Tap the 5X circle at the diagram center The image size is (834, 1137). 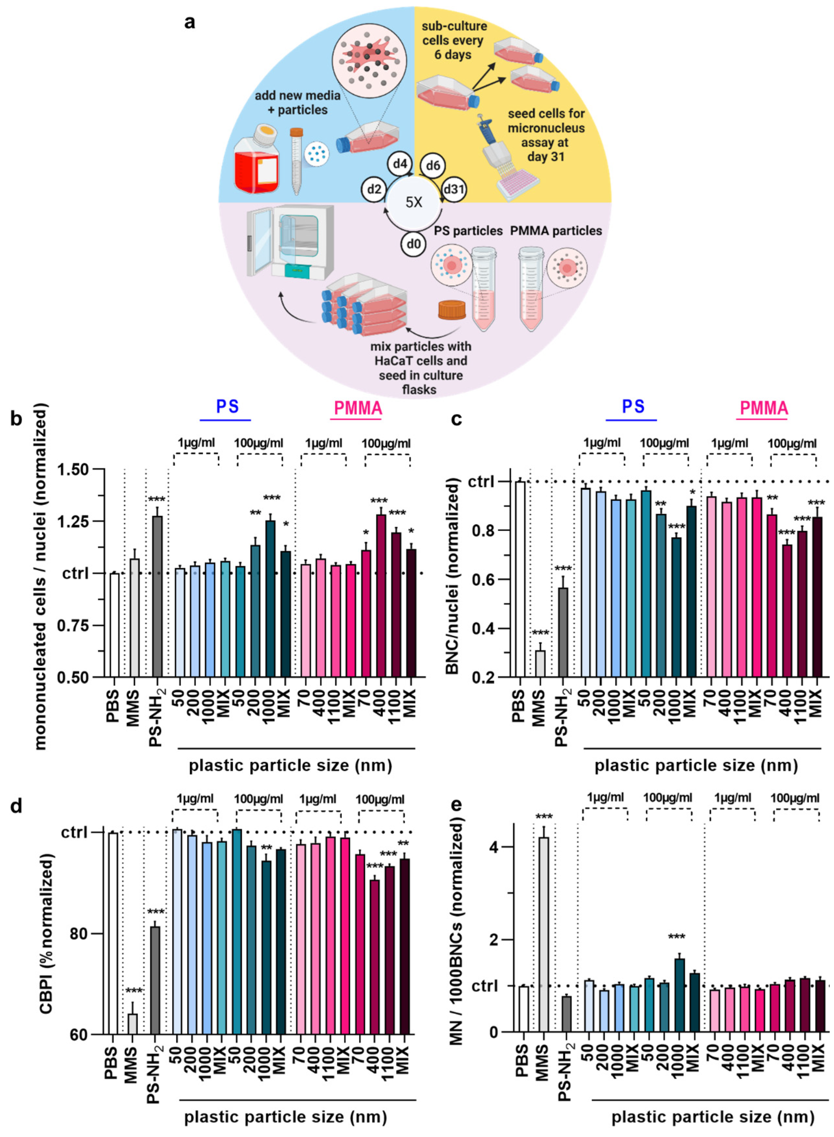click(x=413, y=202)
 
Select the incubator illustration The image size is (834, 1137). click(x=290, y=242)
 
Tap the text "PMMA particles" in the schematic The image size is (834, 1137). click(x=556, y=231)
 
